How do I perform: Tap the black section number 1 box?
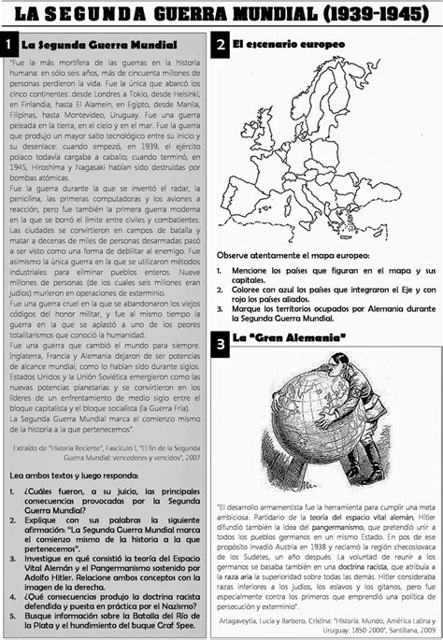(8, 45)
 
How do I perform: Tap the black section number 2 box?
(220, 45)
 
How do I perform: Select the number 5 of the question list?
(16, 589)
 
